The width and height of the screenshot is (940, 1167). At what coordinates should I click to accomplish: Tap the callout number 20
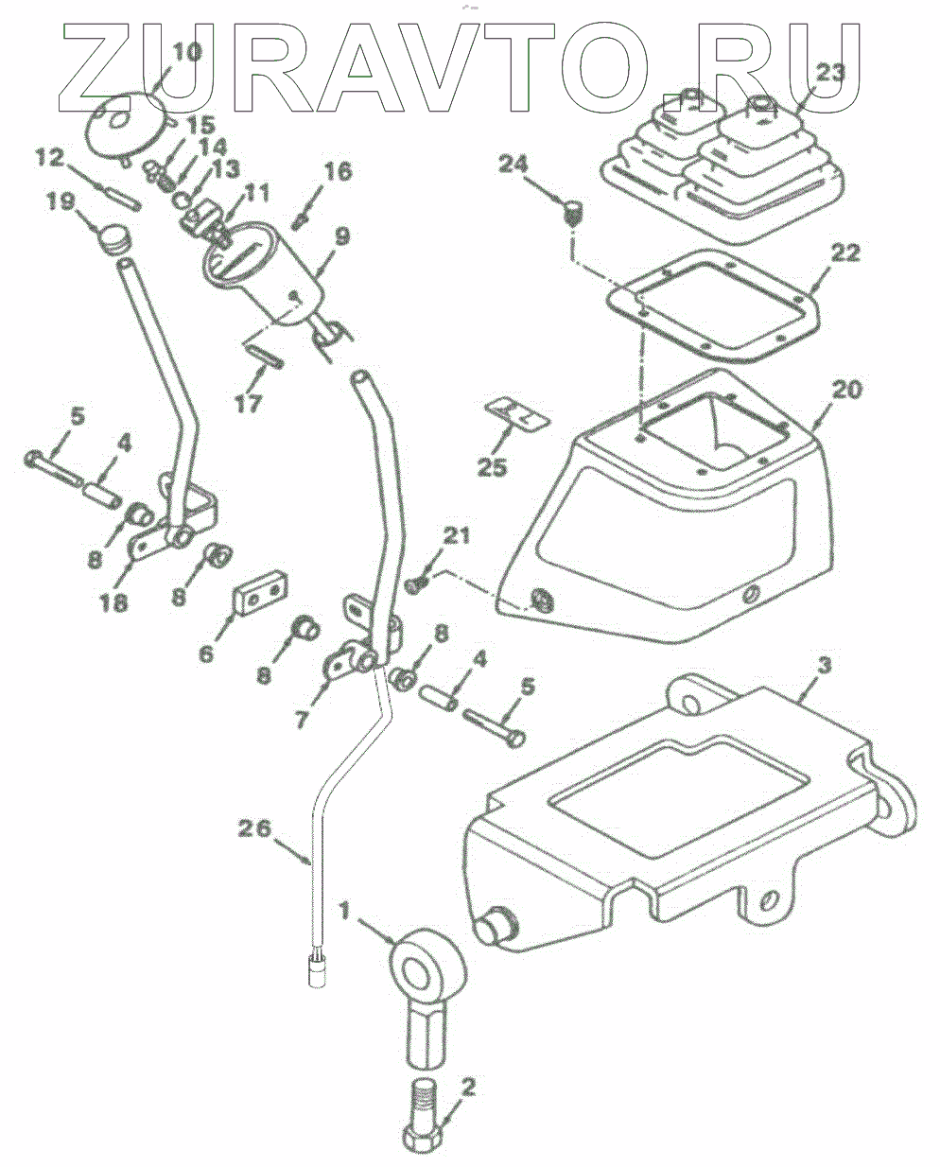[848, 390]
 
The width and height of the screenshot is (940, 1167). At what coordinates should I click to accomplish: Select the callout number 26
[253, 830]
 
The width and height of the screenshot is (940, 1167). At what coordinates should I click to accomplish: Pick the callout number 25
[493, 466]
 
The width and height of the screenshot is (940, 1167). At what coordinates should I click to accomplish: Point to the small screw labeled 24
[572, 213]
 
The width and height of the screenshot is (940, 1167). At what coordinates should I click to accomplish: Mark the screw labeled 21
[417, 586]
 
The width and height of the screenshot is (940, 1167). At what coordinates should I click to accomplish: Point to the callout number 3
[824, 666]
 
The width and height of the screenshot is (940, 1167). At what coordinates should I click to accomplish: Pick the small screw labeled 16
[302, 220]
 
